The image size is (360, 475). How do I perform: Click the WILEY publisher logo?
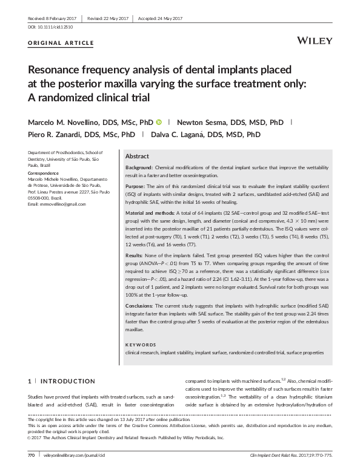tap(315, 41)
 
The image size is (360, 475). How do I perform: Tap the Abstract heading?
tap(136, 155)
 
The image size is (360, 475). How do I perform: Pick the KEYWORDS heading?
tap(140, 344)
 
